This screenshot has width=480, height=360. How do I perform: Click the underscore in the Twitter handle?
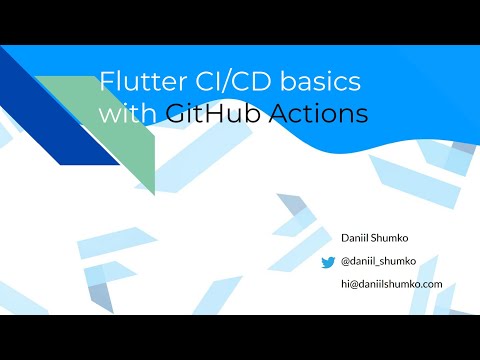tap(379, 265)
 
